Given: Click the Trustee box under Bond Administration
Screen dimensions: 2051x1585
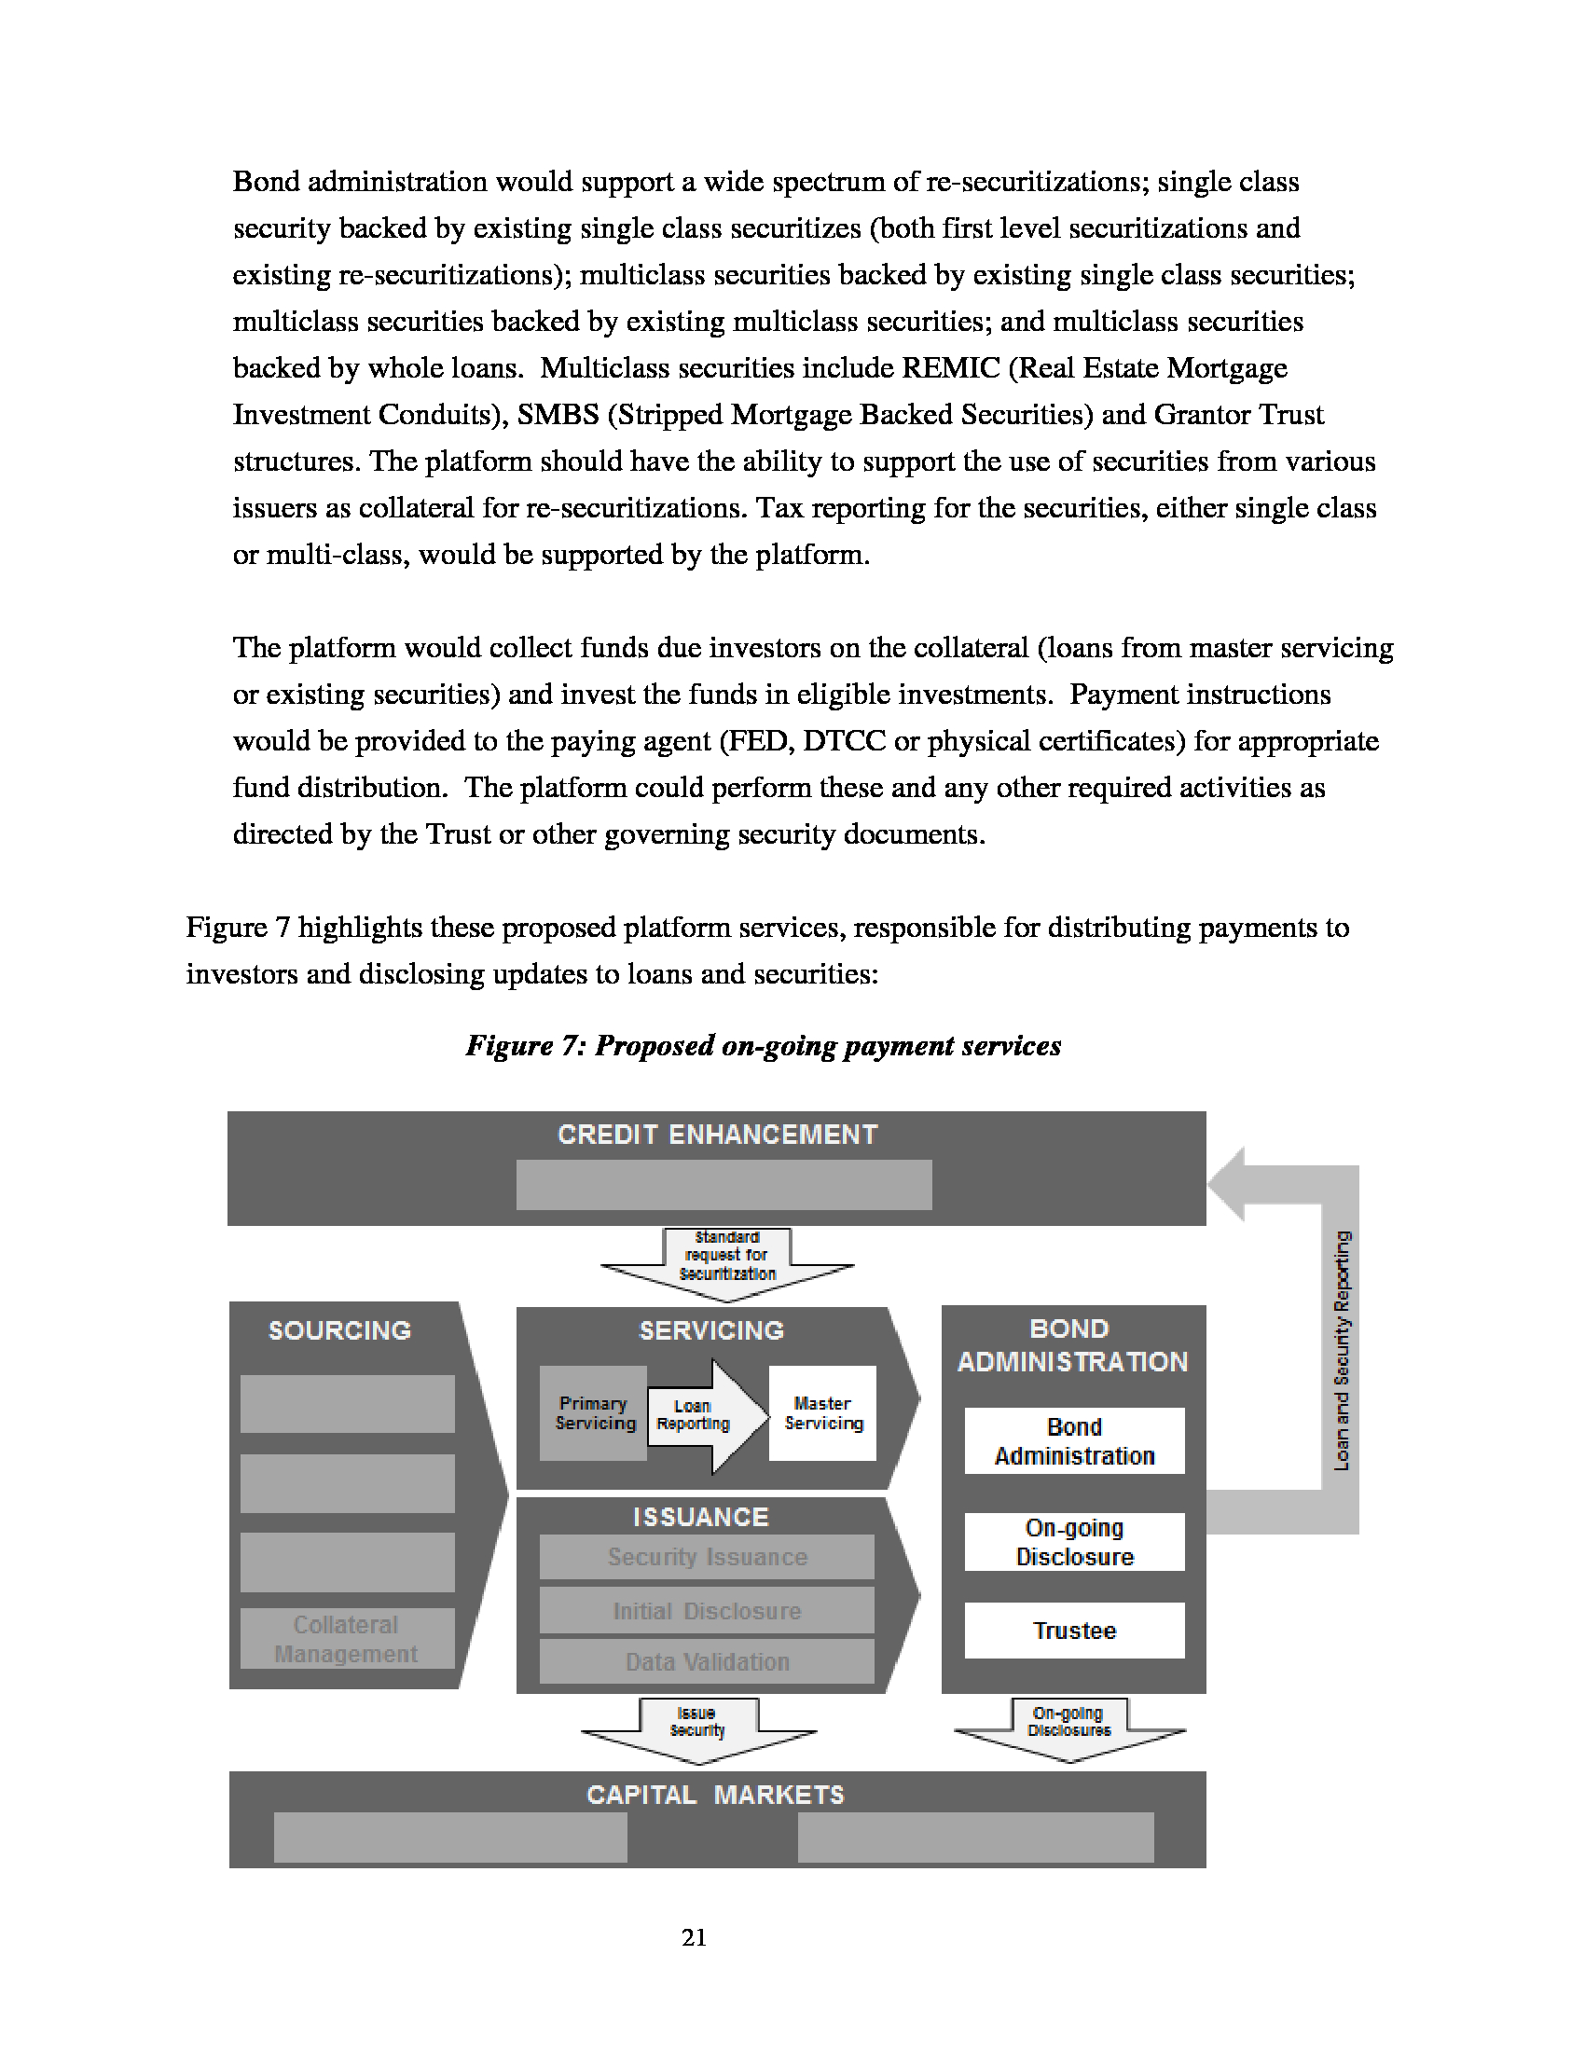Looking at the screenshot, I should coord(1074,1631).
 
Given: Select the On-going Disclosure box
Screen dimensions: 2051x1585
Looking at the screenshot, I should coord(1074,1542).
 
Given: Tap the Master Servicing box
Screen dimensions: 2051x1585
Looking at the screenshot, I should coord(822,1413).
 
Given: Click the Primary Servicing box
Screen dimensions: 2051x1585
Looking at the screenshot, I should coord(593,1413).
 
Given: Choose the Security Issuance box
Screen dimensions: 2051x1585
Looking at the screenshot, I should coord(707,1557).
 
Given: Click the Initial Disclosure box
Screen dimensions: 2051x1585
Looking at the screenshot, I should coord(707,1612).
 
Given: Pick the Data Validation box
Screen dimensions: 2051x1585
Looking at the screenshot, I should coord(707,1662).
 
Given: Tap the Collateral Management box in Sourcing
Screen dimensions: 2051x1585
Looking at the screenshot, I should coord(347,1639).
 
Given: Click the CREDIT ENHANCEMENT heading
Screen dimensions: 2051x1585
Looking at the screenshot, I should coord(717,1135).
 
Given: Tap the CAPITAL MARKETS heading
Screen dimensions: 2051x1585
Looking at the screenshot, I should coord(715,1795).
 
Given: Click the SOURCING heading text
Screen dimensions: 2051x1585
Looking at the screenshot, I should coord(340,1329).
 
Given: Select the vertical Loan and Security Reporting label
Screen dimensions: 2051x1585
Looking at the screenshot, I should coord(1342,1350).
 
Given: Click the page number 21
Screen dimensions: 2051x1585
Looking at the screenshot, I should coord(694,1937).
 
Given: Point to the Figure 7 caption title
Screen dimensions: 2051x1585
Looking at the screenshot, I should coord(764,1045).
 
